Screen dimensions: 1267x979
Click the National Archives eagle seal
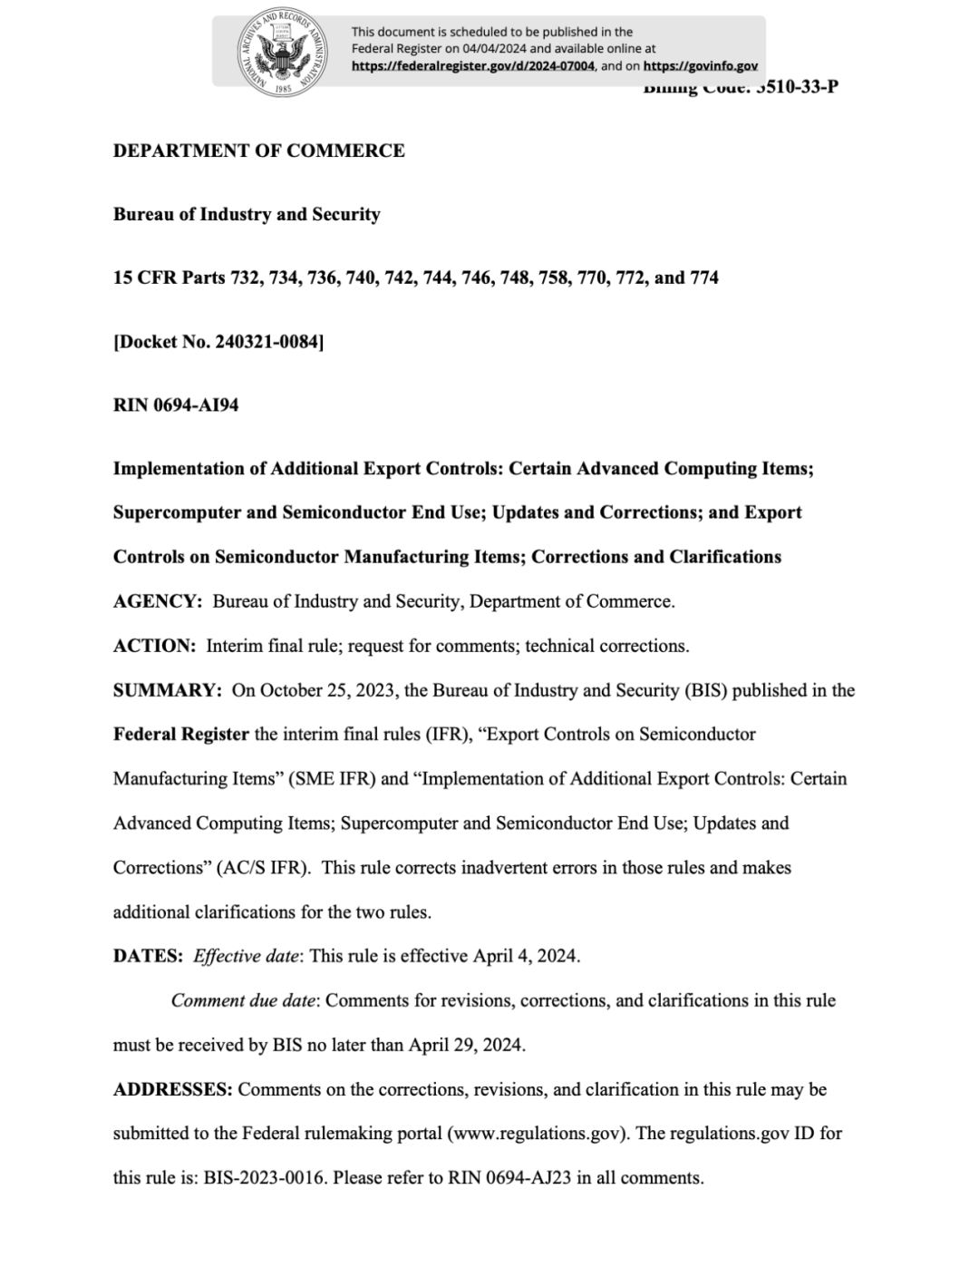(x=281, y=51)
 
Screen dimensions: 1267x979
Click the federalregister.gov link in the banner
(x=473, y=66)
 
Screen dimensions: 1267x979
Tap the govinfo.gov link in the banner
(x=700, y=66)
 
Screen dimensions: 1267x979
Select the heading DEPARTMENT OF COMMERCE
(x=258, y=151)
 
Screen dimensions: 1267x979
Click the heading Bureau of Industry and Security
(x=247, y=214)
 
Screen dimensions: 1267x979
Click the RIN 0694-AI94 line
(x=176, y=405)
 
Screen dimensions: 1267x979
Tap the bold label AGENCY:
(x=157, y=601)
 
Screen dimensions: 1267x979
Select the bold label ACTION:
(x=154, y=646)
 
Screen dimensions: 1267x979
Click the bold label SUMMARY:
(x=167, y=690)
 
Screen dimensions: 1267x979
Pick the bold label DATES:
(x=148, y=956)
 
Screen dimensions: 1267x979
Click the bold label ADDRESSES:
(x=172, y=1089)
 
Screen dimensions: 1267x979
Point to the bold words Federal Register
(x=180, y=735)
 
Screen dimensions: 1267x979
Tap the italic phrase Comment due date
(x=243, y=1000)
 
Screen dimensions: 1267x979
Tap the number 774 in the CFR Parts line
(x=704, y=278)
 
